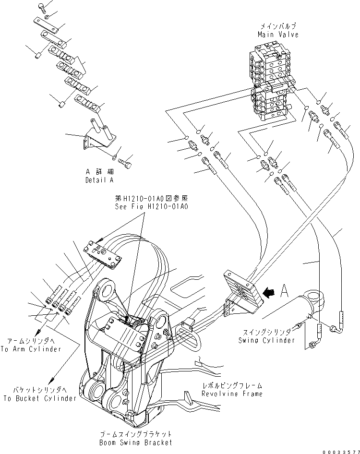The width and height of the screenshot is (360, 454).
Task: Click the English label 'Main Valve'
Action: (x=278, y=35)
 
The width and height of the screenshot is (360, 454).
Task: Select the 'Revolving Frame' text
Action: (x=232, y=394)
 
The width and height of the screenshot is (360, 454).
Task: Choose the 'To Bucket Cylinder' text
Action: (x=39, y=398)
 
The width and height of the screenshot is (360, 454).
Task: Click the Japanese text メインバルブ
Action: (x=278, y=26)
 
